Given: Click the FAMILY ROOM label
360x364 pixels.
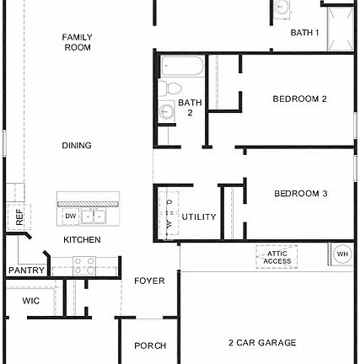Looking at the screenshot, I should [x=77, y=42].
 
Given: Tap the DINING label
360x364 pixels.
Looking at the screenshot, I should [x=77, y=146].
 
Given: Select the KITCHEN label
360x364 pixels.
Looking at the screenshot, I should [x=82, y=240].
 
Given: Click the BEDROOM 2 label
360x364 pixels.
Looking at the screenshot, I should [x=299, y=99].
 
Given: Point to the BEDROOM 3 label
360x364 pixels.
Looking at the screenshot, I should [x=300, y=194].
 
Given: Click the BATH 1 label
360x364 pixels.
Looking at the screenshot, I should [x=304, y=33].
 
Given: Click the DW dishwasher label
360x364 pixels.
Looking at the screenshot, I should [x=71, y=217].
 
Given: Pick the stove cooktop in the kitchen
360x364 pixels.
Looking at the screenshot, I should [x=85, y=265].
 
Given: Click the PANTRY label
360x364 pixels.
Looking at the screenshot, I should [x=26, y=270].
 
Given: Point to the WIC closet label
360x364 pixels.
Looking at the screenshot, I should [x=31, y=300].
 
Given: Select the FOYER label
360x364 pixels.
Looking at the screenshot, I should [x=150, y=281].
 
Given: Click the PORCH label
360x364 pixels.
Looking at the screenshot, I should [x=150, y=345].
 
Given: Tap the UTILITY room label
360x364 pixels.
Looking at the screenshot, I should [x=199, y=217].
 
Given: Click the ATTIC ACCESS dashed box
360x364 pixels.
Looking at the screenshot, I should [x=277, y=257].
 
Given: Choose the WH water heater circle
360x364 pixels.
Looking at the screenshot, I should [x=342, y=254].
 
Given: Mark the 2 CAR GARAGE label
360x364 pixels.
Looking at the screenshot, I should [x=262, y=343].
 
